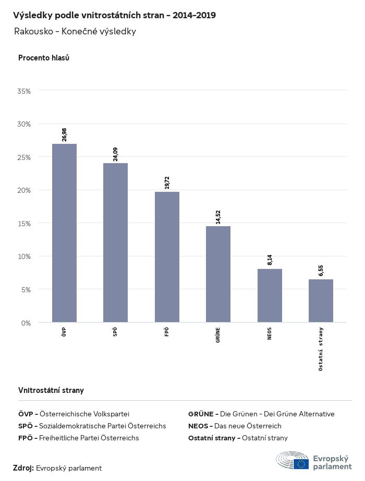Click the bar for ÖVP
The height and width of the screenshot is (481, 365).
pyautogui.click(x=64, y=233)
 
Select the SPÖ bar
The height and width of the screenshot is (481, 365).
pyautogui.click(x=115, y=243)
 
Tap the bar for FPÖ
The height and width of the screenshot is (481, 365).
pyautogui.click(x=167, y=257)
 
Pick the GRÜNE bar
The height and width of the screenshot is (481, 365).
pyautogui.click(x=218, y=274)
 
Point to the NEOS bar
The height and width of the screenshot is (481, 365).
pyautogui.click(x=270, y=295)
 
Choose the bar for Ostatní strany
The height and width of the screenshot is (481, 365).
pyautogui.click(x=321, y=301)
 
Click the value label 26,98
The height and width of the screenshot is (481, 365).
pyautogui.click(x=64, y=134)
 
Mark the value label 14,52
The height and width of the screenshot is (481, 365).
pyautogui.click(x=218, y=217)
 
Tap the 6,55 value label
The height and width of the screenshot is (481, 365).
pyautogui.click(x=321, y=270)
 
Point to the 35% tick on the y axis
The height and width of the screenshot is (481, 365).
pyautogui.click(x=25, y=91)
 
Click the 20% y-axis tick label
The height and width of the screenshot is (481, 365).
pyautogui.click(x=25, y=190)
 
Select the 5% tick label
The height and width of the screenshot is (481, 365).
pyautogui.click(x=26, y=290)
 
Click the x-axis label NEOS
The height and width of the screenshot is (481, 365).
pyautogui.click(x=270, y=334)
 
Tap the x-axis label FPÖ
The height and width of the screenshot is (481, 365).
pyautogui.click(x=167, y=332)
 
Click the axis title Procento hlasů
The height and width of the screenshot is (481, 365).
pyautogui.click(x=44, y=58)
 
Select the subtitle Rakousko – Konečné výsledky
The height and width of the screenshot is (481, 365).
pyautogui.click(x=75, y=31)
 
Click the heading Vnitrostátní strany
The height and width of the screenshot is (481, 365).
pyautogui.click(x=51, y=390)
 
